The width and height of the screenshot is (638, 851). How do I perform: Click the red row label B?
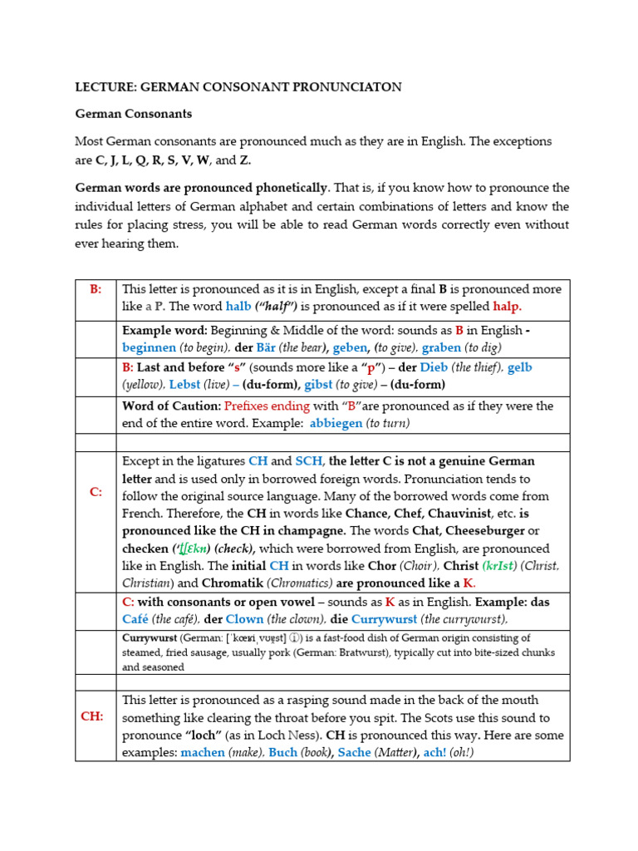(x=96, y=289)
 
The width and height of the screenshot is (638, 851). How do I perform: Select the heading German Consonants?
(x=134, y=113)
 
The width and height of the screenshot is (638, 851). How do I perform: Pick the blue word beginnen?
(x=149, y=348)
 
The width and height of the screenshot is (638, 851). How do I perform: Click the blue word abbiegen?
(x=336, y=423)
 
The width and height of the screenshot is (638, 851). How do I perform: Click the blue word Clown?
(x=245, y=619)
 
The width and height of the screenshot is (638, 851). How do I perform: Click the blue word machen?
(x=203, y=752)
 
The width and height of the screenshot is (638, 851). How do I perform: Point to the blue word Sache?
(x=355, y=752)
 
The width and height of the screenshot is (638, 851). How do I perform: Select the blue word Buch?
(x=282, y=752)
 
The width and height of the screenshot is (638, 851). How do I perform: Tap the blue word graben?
(x=440, y=348)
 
